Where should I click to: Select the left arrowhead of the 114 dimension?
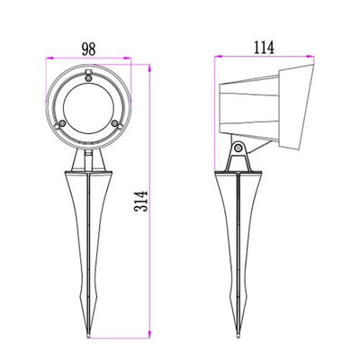[218, 58]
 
